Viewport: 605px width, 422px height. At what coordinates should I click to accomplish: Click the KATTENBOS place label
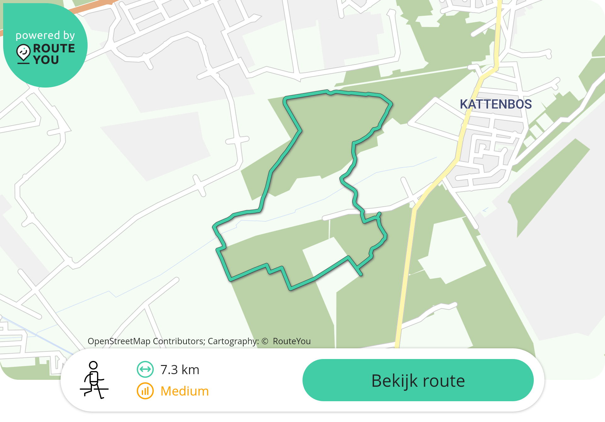pos(495,104)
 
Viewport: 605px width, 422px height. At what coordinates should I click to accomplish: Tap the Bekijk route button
pos(418,380)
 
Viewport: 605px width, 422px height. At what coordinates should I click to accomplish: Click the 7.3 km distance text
pos(180,370)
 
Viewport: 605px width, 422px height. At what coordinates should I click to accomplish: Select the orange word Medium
pos(184,391)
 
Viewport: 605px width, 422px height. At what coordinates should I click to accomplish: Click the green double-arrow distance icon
pos(145,369)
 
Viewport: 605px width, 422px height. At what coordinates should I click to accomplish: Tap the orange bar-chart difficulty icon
pos(145,391)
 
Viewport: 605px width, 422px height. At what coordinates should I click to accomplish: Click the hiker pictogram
pos(94,380)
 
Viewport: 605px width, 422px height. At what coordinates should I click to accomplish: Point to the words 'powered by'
pos(45,35)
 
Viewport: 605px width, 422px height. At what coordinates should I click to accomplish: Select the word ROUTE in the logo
pos(54,48)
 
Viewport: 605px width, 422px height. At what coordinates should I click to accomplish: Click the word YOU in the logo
pos(46,60)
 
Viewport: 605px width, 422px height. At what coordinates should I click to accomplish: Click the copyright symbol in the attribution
pos(265,341)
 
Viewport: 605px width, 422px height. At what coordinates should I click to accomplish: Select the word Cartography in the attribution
pos(233,341)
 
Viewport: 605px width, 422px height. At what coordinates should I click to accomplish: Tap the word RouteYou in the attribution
pos(291,341)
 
